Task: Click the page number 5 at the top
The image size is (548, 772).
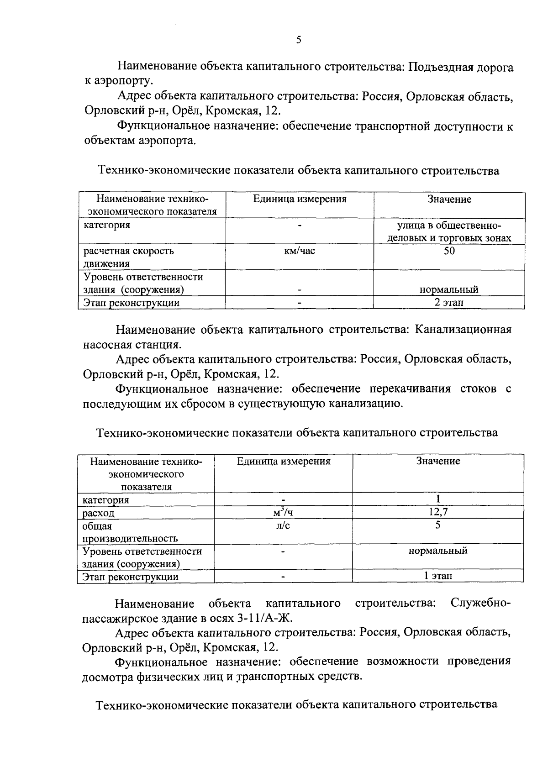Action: click(x=299, y=40)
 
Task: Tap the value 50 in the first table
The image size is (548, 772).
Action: click(x=449, y=251)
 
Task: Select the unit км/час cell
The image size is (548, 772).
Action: click(x=300, y=251)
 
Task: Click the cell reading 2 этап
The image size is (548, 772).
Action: click(x=449, y=303)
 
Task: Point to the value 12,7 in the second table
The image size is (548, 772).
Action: click(x=438, y=512)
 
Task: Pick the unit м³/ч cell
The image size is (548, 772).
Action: click(x=283, y=512)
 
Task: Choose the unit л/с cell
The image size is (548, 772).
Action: click(x=283, y=525)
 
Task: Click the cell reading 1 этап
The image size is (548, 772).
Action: click(x=438, y=576)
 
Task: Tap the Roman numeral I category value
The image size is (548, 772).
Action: click(x=438, y=499)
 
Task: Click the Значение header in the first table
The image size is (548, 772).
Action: click(x=449, y=200)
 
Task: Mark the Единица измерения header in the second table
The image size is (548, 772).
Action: click(x=284, y=461)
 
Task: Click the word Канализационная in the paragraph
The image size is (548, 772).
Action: click(x=463, y=330)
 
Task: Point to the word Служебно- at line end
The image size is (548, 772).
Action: click(x=480, y=603)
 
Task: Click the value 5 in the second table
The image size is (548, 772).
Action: click(x=438, y=525)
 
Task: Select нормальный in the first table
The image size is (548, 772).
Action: click(x=449, y=289)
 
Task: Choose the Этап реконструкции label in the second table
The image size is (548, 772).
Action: click(x=130, y=577)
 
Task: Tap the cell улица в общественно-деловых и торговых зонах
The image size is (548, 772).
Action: click(x=449, y=231)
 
